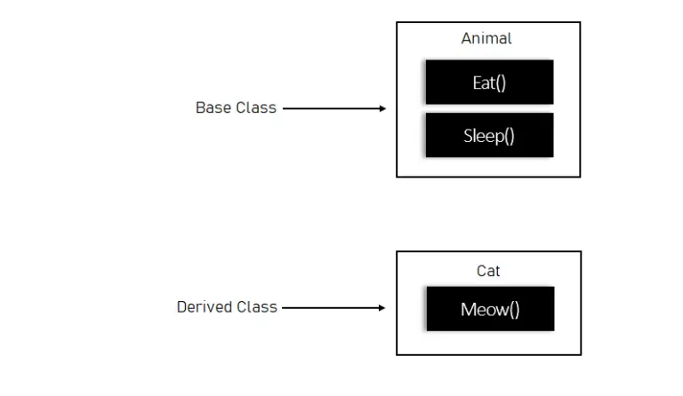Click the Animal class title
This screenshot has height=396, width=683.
486,38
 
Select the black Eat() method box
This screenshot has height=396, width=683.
489,83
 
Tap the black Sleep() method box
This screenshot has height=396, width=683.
489,136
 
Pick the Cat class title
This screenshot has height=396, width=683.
488,271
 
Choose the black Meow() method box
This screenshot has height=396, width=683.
489,309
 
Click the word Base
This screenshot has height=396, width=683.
213,107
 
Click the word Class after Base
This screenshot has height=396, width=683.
256,107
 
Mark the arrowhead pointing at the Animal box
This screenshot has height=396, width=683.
382,108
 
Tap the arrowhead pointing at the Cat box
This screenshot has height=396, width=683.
382,308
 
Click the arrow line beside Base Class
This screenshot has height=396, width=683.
329,108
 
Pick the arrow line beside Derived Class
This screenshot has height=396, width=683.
329,308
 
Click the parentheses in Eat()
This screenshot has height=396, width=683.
501,83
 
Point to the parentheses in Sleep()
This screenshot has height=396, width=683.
510,137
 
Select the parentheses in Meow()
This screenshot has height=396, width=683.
513,310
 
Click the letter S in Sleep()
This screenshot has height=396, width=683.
468,136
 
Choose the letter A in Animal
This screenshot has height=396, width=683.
466,38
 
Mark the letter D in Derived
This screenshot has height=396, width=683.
181,307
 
